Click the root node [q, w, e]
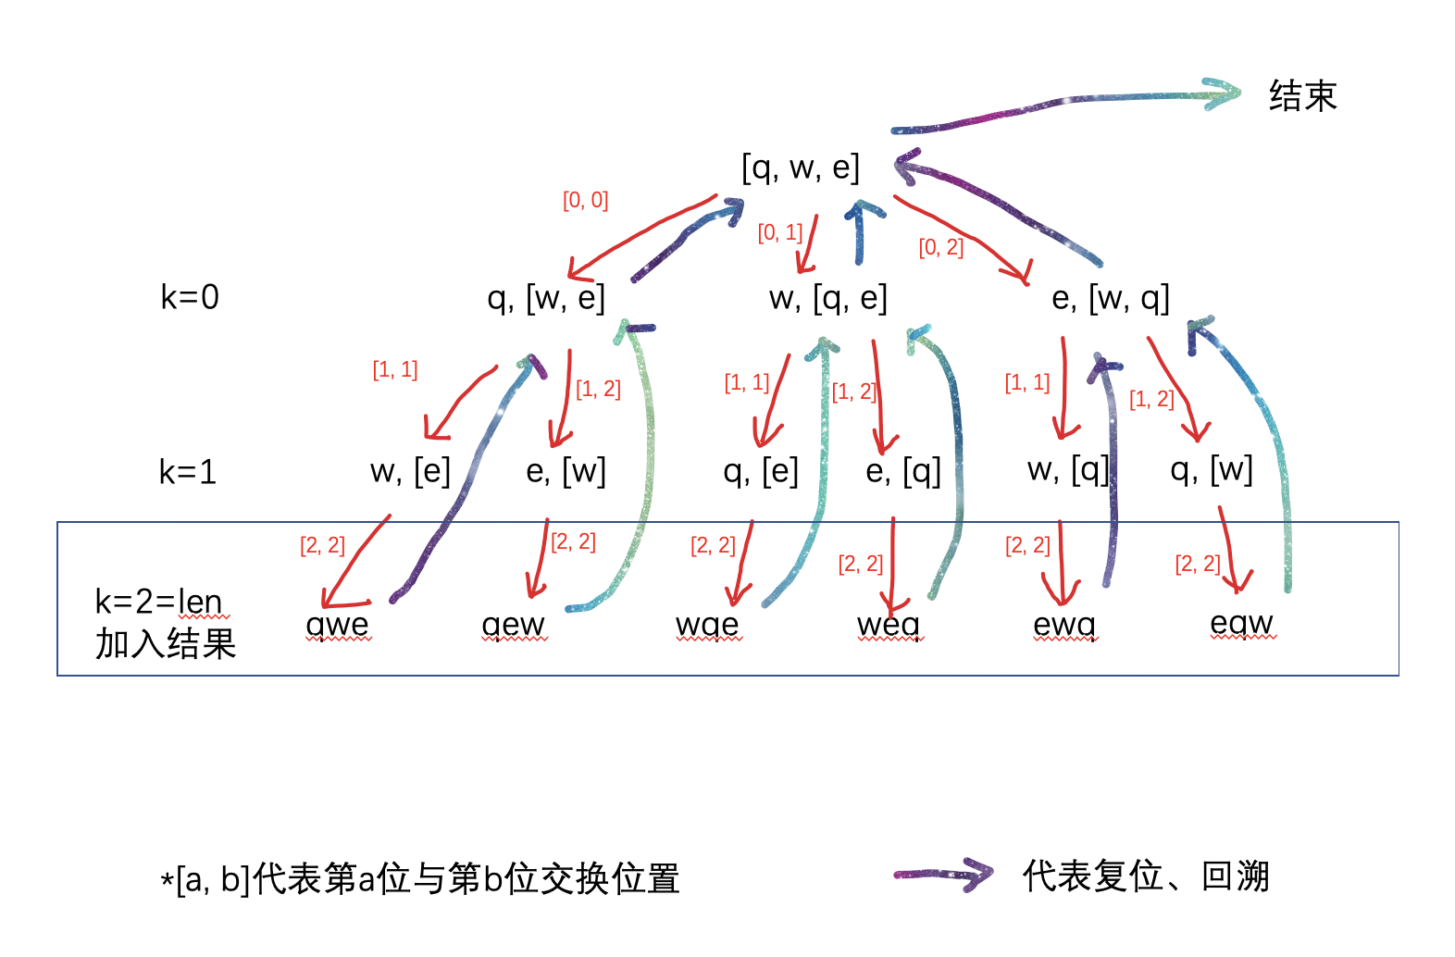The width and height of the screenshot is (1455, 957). pos(801,168)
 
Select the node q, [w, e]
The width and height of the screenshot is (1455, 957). pos(546,298)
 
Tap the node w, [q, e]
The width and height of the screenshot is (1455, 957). pos(827,298)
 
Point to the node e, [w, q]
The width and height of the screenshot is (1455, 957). pos(1111,298)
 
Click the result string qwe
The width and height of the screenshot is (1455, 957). pos(338,626)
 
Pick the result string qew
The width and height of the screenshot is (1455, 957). pos(514,626)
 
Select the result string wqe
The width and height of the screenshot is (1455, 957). pos(708,626)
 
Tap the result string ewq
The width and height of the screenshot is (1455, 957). pos(1064,626)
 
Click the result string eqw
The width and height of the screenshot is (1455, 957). pos(1242,624)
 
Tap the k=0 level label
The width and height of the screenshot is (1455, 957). pos(190,297)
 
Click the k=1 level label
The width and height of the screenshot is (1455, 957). pos(188,472)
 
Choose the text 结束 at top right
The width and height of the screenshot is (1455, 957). pos(1303,95)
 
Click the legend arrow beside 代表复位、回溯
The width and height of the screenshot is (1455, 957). pos(944,875)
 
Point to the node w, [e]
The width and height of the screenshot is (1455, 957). pos(410,471)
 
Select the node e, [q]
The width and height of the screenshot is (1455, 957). pos(903,471)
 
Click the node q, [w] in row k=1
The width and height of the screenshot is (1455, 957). pos(1212,469)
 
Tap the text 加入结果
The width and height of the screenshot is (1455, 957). pos(166,643)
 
